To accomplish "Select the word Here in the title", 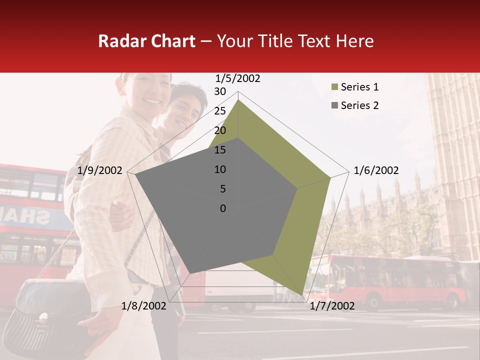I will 354,41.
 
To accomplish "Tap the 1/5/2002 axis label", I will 238,78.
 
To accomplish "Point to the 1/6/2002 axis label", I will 376,171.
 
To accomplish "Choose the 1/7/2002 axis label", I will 332,306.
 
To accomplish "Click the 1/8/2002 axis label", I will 144,306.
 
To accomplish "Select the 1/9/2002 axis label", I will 100,171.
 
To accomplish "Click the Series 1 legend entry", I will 359,87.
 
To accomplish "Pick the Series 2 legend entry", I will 359,105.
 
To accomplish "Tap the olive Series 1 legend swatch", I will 334,87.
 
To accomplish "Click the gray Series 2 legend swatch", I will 334,105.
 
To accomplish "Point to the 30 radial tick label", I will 220,91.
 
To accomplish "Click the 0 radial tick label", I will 223,208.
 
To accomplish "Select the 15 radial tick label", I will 220,150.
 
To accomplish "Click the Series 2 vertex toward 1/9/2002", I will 135,175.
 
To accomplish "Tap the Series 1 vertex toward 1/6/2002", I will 330,177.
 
